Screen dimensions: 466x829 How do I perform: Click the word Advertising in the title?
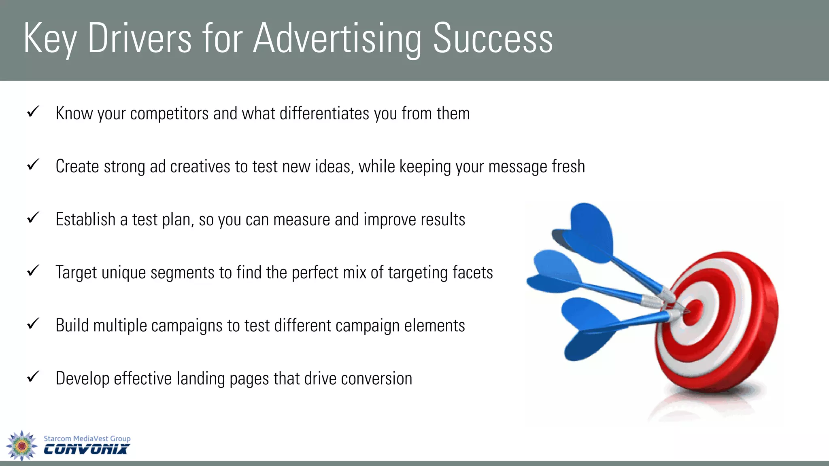pyautogui.click(x=337, y=38)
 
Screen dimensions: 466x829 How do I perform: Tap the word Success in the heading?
pyautogui.click(x=493, y=38)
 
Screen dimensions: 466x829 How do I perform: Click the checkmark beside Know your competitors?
pyautogui.click(x=33, y=111)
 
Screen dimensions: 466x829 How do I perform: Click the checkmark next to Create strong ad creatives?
pyautogui.click(x=33, y=164)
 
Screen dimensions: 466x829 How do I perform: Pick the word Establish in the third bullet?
pyautogui.click(x=85, y=220)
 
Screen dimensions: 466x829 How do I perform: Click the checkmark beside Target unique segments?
pyautogui.click(x=33, y=270)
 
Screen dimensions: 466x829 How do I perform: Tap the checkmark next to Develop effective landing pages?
pyautogui.click(x=33, y=376)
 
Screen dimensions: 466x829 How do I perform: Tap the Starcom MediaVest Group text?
pyautogui.click(x=87, y=438)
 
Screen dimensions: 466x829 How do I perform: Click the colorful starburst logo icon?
pyautogui.click(x=22, y=445)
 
